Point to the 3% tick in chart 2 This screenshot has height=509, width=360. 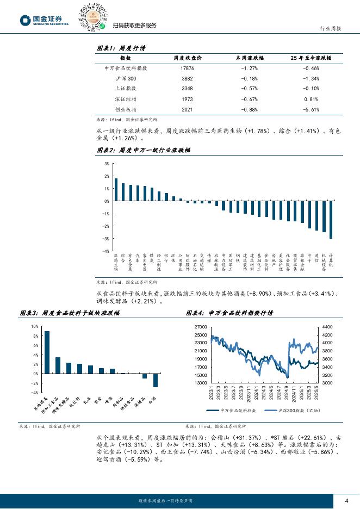[x=107, y=164]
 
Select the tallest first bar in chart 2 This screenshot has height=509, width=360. [x=116, y=190]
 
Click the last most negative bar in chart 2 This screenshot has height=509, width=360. [x=331, y=220]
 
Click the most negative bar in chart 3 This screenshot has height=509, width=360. [x=156, y=380]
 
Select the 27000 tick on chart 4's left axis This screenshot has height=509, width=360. [x=201, y=326]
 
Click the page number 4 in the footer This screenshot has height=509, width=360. [x=346, y=500]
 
